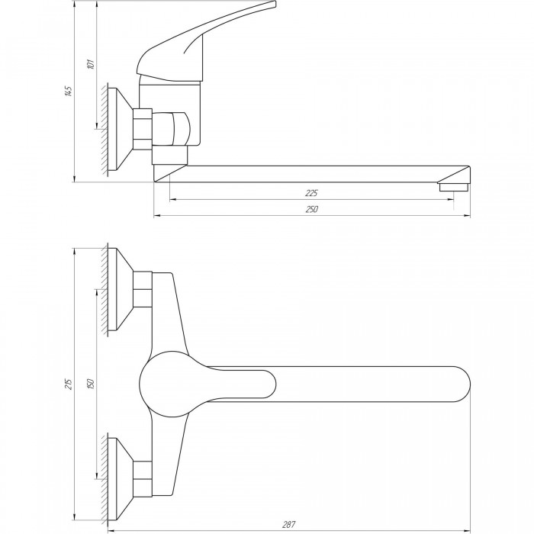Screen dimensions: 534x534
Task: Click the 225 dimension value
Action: pyautogui.click(x=311, y=193)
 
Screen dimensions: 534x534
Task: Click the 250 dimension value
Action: pyautogui.click(x=311, y=209)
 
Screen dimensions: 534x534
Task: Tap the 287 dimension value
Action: pyautogui.click(x=289, y=525)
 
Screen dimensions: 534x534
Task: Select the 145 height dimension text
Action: pyautogui.click(x=69, y=92)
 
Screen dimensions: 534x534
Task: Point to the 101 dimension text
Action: pyautogui.click(x=91, y=64)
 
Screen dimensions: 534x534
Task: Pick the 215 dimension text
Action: pyautogui.click(x=69, y=384)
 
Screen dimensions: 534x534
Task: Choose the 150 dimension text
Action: pyautogui.click(x=91, y=384)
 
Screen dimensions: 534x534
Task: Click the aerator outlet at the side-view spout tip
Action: pyautogui.click(x=454, y=187)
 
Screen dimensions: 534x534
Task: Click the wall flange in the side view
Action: pyautogui.click(x=120, y=129)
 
